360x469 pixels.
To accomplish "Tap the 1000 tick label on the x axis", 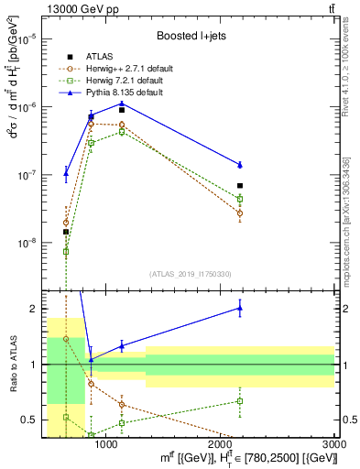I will point(107,444).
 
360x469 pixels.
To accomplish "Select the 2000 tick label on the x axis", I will point(221,444).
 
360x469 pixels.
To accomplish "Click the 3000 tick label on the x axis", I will point(333,444).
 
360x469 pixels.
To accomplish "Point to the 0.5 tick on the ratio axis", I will point(29,420).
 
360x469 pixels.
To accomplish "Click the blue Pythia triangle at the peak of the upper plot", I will point(122,103).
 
